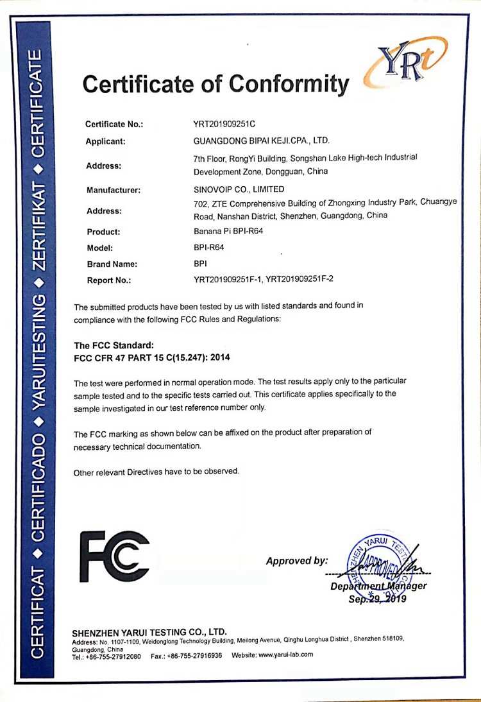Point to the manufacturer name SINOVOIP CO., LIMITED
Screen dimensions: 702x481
[239, 189]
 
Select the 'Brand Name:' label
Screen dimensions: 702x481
[112, 264]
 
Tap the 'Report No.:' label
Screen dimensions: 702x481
[109, 280]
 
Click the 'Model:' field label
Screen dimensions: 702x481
[99, 248]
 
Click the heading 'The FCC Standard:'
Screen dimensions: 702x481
[114, 346]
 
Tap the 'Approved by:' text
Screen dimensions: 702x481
[297, 561]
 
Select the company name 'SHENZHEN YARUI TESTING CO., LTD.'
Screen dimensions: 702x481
[149, 632]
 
